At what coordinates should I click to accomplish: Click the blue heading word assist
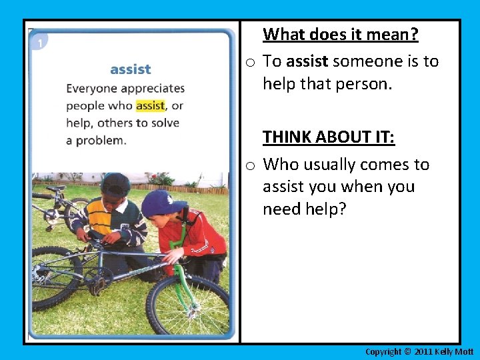click(130, 69)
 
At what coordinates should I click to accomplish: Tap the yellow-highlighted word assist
click(150, 105)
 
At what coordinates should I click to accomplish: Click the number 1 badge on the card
click(39, 43)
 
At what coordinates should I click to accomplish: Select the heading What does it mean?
click(340, 34)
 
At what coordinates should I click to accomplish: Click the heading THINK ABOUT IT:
click(329, 137)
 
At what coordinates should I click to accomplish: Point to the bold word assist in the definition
click(307, 61)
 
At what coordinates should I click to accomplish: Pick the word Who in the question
click(279, 164)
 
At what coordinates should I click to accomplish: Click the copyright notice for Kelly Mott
click(419, 351)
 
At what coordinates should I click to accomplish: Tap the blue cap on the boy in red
click(160, 201)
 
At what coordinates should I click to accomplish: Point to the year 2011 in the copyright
click(424, 351)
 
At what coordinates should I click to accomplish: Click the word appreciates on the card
click(153, 88)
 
